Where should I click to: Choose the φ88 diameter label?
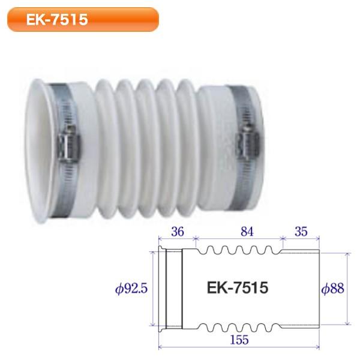(x=332, y=289)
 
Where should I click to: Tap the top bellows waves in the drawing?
(x=239, y=251)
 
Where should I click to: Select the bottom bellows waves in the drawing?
(x=239, y=328)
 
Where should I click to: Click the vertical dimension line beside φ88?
(x=347, y=289)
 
